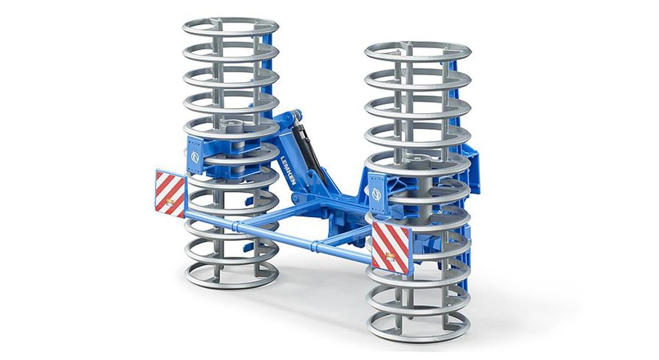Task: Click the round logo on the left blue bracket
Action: point(194,156)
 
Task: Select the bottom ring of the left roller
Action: point(232,276)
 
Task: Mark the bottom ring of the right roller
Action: point(418,329)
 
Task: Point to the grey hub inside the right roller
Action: point(416,158)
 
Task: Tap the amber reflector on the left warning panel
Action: point(171,204)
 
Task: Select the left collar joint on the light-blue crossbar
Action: point(237,227)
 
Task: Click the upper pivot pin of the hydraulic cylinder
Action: point(297,116)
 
